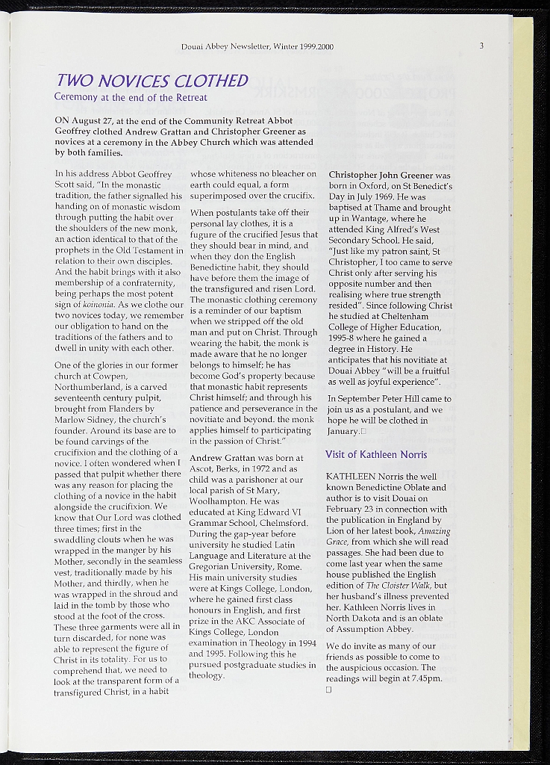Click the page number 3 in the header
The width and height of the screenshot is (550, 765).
(482, 46)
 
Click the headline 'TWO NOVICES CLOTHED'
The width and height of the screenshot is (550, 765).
(151, 81)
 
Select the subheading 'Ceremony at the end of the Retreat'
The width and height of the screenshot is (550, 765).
(131, 97)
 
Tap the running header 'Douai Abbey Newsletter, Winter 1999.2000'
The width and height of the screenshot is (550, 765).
(257, 47)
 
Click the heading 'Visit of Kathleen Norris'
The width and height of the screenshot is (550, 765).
(376, 455)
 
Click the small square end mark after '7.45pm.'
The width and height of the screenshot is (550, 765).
(328, 690)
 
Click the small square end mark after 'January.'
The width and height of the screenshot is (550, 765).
(363, 431)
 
